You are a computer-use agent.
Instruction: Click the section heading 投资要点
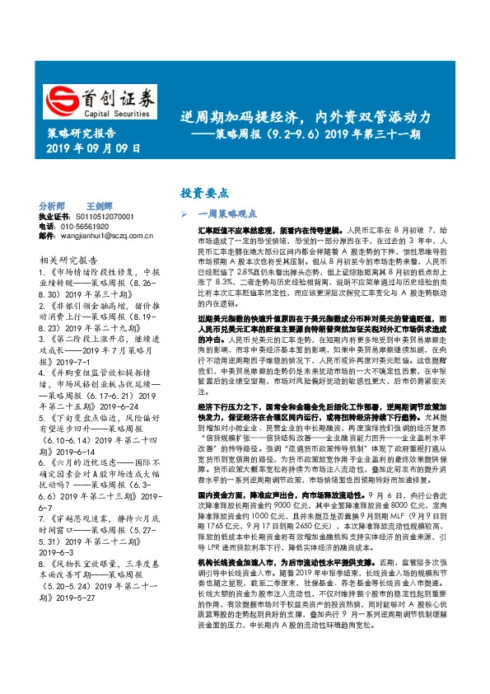tap(204, 193)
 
